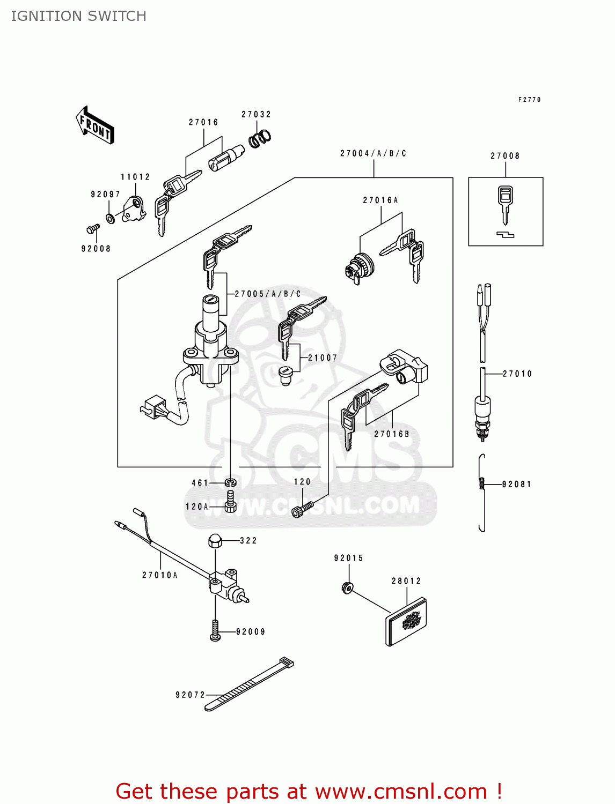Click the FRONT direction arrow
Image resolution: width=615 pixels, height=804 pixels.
point(95,125)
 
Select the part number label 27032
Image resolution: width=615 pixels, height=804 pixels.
point(256,114)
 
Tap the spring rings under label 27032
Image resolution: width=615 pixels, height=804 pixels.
point(260,138)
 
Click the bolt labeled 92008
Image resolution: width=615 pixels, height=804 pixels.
point(93,229)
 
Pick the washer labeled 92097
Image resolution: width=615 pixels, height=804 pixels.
point(111,219)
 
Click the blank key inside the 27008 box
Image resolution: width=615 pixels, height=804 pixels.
point(504,204)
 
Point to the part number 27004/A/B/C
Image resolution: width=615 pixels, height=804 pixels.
point(373,153)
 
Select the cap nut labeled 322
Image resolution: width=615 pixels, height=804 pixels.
point(215,541)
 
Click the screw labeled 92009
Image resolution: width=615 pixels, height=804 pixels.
point(215,631)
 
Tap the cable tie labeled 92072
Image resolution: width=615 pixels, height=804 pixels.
point(250,684)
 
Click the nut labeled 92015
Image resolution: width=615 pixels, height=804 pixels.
point(347,588)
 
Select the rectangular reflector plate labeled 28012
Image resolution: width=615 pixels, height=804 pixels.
point(406,622)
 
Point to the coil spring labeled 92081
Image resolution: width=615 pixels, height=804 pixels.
point(482,483)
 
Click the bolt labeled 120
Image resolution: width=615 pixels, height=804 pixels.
point(302,508)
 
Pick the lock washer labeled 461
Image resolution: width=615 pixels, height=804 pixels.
point(230,483)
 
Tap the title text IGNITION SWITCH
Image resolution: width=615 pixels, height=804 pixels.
point(78,16)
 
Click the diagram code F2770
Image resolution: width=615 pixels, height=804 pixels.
point(529,100)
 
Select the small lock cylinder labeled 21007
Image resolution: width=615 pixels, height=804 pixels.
point(285,375)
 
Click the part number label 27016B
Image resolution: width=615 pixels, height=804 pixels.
point(391,434)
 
